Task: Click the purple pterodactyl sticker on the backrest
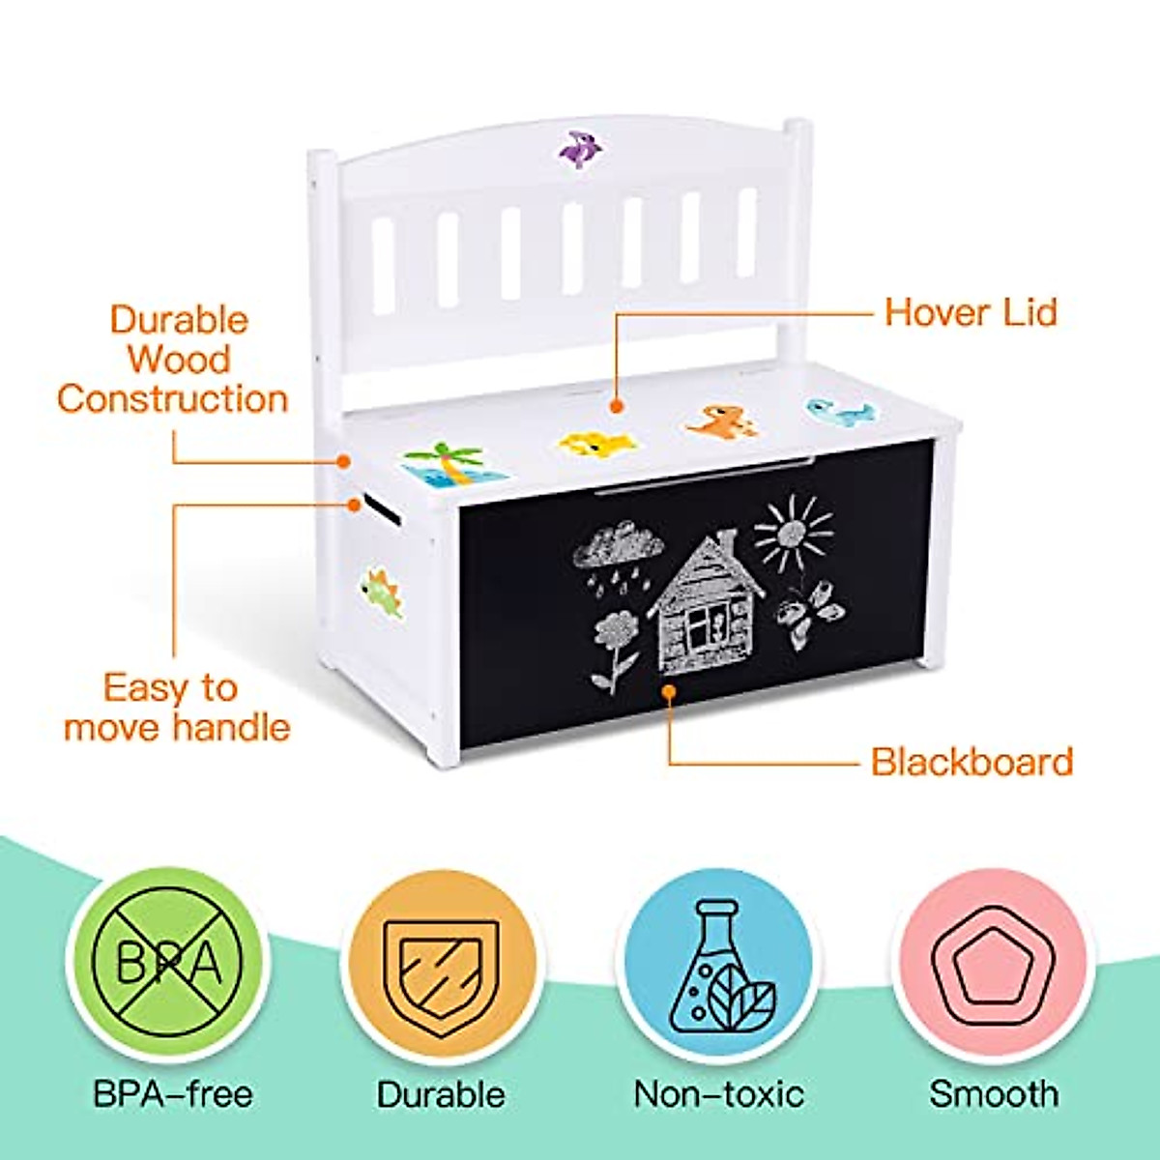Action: coord(581,148)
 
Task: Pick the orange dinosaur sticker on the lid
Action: coord(721,421)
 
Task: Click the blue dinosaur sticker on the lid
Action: coord(840,410)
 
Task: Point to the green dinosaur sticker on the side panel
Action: coord(382,593)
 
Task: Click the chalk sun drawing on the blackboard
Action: coord(794,534)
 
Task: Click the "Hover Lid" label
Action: coord(971,312)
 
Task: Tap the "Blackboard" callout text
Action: coord(971,762)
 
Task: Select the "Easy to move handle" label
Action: coord(177,708)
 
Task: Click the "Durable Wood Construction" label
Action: coord(174,360)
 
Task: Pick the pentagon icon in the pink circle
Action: coord(991,967)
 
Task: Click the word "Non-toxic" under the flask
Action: coord(719,1094)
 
